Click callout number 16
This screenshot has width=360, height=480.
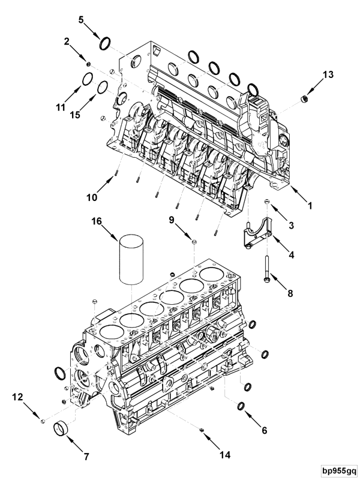tap(96, 221)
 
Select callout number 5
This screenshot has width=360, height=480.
tap(82, 19)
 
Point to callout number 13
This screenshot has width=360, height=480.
tap(327, 74)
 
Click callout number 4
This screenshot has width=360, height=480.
tap(291, 255)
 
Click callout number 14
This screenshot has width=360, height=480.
tap(225, 455)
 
